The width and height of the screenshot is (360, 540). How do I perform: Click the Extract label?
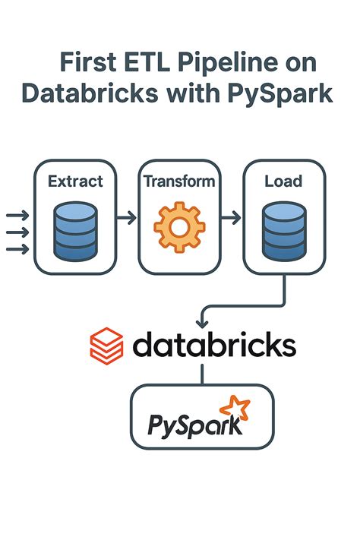pyautogui.click(x=75, y=182)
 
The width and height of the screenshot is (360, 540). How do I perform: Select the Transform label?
pyautogui.click(x=179, y=182)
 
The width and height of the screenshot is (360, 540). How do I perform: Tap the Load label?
pyautogui.click(x=283, y=182)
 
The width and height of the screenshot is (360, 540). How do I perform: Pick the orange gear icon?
pyautogui.click(x=179, y=226)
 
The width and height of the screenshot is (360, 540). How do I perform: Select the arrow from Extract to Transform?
pyautogui.click(x=127, y=218)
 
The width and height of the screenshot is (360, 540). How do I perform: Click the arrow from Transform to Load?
pyautogui.click(x=231, y=218)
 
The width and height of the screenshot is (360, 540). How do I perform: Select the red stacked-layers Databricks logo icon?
pyautogui.click(x=106, y=345)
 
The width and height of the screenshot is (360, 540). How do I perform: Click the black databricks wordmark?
pyautogui.click(x=214, y=345)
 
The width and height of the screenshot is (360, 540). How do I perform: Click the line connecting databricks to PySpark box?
pyautogui.click(x=202, y=374)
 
